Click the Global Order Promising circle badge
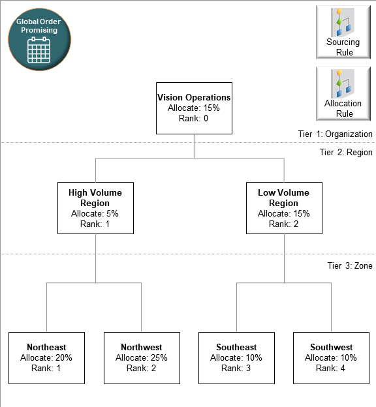coord(40,40)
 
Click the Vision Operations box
coord(194,108)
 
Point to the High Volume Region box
coord(95,207)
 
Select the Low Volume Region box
coord(284,207)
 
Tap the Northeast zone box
coord(46,357)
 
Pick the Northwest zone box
coord(142,357)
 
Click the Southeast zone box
coord(236,357)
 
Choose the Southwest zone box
coord(331,357)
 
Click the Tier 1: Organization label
coord(335,134)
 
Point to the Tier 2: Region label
coord(345,152)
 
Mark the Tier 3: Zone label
coord(349,265)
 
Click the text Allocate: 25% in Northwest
coord(142,357)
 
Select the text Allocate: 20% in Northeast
coord(46,357)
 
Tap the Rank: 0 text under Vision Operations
coord(194,118)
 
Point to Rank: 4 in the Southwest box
coord(331,368)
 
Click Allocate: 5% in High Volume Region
coord(95,213)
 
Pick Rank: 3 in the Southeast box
coord(236,368)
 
